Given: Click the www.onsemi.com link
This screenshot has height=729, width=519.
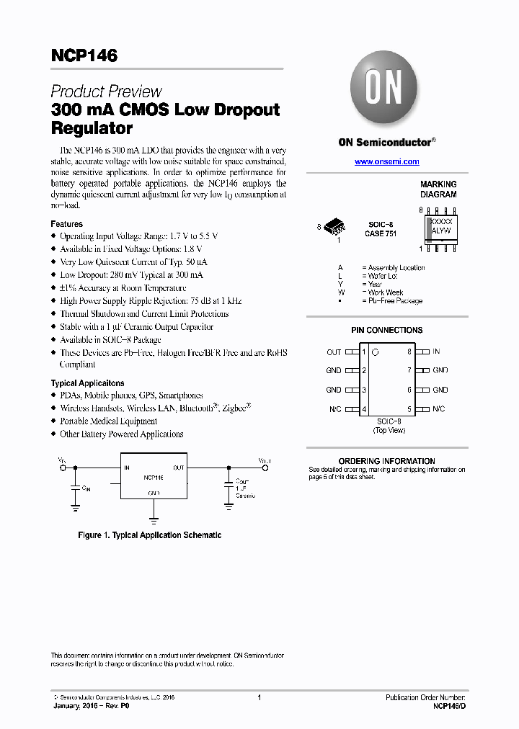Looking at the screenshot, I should point(386,162).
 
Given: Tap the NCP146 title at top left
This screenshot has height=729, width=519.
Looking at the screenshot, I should point(84,55).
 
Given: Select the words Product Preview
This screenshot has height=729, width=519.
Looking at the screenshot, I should point(106,91).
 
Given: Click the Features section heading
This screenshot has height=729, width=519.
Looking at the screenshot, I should point(66,224).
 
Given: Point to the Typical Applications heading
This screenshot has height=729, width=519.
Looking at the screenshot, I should point(87,383).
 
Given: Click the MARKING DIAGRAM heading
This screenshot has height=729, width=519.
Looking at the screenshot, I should point(438,189).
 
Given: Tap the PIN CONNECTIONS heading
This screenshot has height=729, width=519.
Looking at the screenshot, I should point(386,331).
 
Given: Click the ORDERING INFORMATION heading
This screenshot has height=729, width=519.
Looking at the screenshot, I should point(386,461).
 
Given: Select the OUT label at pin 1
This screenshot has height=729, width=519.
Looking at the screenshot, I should point(334,352).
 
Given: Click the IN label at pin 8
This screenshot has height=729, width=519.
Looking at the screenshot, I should point(436,352).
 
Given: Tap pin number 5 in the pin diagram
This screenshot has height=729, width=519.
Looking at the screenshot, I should point(409,408).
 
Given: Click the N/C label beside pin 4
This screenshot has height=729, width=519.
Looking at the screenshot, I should point(334,409).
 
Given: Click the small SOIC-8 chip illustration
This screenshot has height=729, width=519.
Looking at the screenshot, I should point(334,228).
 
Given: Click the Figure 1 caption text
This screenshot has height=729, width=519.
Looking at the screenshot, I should point(149,535).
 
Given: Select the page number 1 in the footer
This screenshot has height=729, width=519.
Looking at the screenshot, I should point(259,697).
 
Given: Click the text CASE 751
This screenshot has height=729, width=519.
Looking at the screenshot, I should point(380,233).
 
